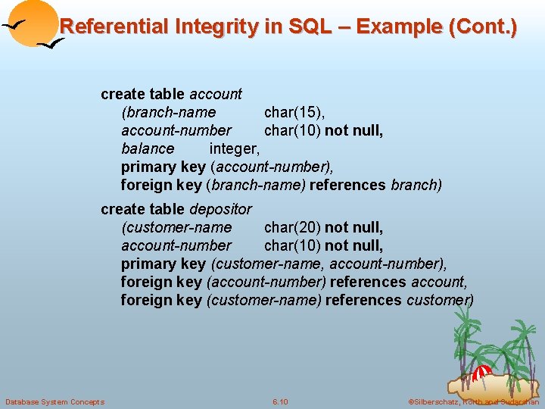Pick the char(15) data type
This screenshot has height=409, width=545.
[x=294, y=113]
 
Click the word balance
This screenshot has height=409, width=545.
[x=148, y=149]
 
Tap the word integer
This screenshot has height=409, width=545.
[x=235, y=149]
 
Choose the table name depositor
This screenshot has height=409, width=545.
[x=220, y=209]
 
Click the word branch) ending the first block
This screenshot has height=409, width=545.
[x=416, y=186]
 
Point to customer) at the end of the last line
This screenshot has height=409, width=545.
[x=441, y=300]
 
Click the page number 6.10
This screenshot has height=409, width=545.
[x=280, y=401]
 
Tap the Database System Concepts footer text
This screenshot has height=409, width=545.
[x=54, y=401]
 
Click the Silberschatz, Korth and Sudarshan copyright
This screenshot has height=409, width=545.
[x=473, y=401]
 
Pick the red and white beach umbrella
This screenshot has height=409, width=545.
[x=481, y=373]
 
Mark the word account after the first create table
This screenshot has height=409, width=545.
[x=216, y=95]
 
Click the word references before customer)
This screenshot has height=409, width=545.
[x=366, y=300]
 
